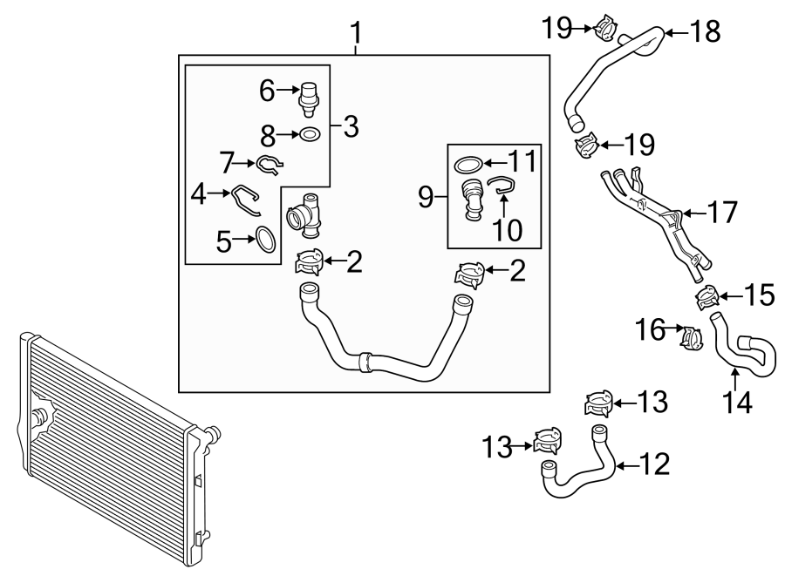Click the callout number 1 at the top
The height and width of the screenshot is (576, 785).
355,34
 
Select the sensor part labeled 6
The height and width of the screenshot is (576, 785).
308,98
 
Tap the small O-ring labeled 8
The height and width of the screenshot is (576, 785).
310,134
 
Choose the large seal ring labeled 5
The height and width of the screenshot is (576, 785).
265,240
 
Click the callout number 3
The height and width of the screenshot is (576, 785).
351,127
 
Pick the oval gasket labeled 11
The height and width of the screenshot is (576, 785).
469,163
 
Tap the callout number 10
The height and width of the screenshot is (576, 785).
508,230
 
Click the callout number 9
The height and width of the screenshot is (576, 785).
426,197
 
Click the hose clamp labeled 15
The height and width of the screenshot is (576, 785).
706,299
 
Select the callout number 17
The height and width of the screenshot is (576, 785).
723,212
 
